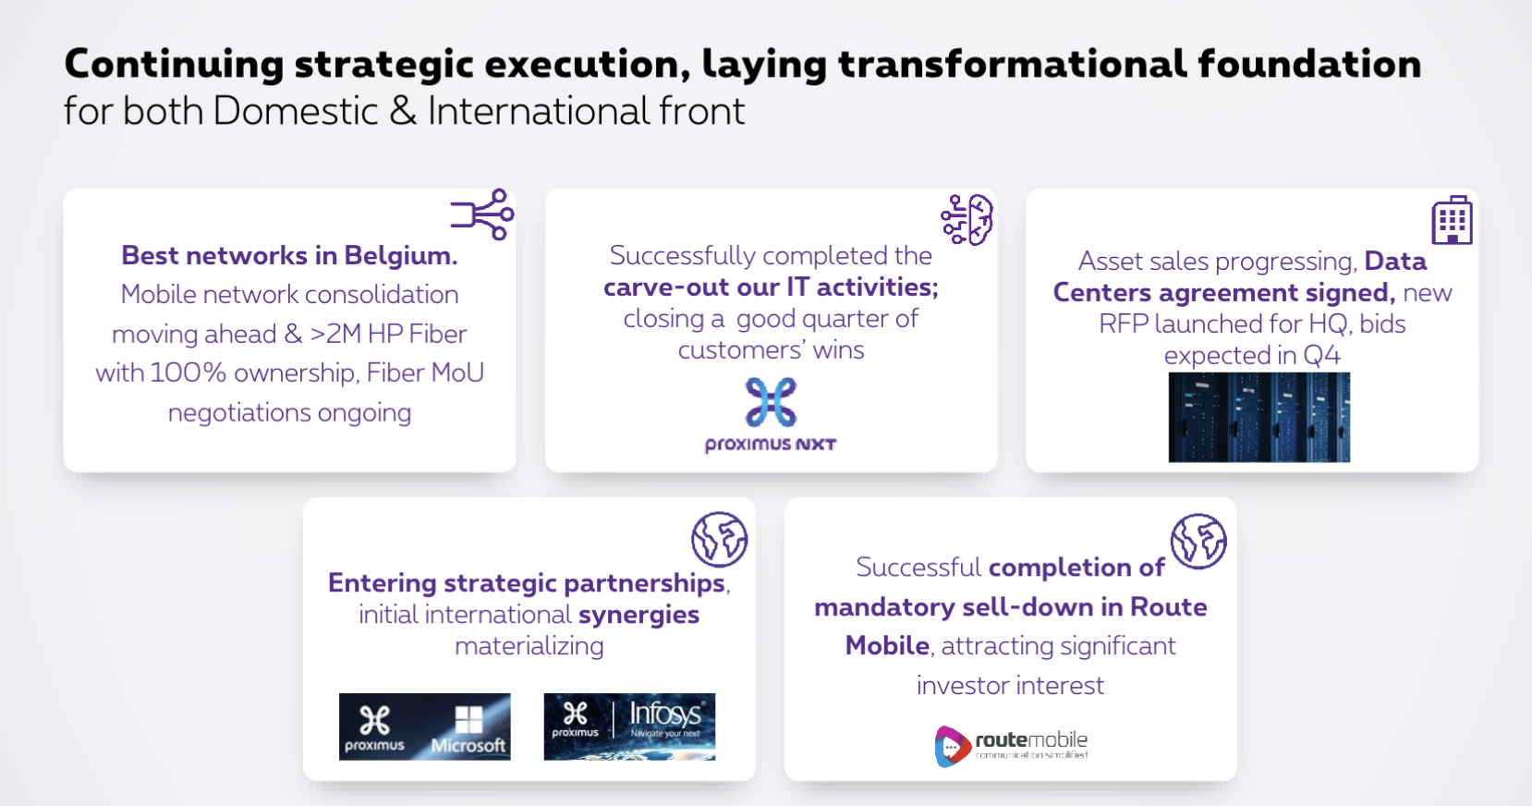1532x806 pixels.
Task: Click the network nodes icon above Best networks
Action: pos(482,214)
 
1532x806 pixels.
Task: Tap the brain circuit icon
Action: pos(967,219)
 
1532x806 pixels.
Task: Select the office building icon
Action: pos(1452,220)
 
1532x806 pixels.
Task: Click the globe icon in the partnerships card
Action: pos(719,539)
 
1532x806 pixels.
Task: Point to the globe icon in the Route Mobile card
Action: pos(1198,542)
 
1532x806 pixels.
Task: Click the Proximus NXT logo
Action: pos(771,415)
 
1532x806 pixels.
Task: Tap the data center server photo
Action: pos(1259,418)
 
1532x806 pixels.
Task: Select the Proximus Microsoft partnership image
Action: pos(425,727)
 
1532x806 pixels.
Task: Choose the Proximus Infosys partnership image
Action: pos(629,727)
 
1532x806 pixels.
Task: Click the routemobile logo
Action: pos(1011,746)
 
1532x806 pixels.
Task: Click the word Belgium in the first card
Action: pos(401,256)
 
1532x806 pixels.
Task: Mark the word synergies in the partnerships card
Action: pos(638,615)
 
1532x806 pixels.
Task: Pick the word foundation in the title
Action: pos(1309,65)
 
